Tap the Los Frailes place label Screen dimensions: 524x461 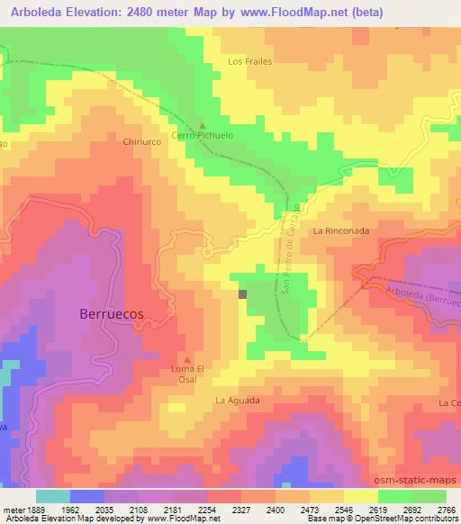[x=249, y=61]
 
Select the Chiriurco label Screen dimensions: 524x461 [x=141, y=141]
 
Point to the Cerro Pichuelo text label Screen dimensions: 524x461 [x=203, y=136]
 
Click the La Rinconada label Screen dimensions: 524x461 [x=341, y=230]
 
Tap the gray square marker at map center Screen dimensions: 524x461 [x=242, y=293]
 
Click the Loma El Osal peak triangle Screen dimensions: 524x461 [x=187, y=358]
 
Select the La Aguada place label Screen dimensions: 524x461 [x=238, y=400]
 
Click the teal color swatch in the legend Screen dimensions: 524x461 [x=53, y=496]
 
